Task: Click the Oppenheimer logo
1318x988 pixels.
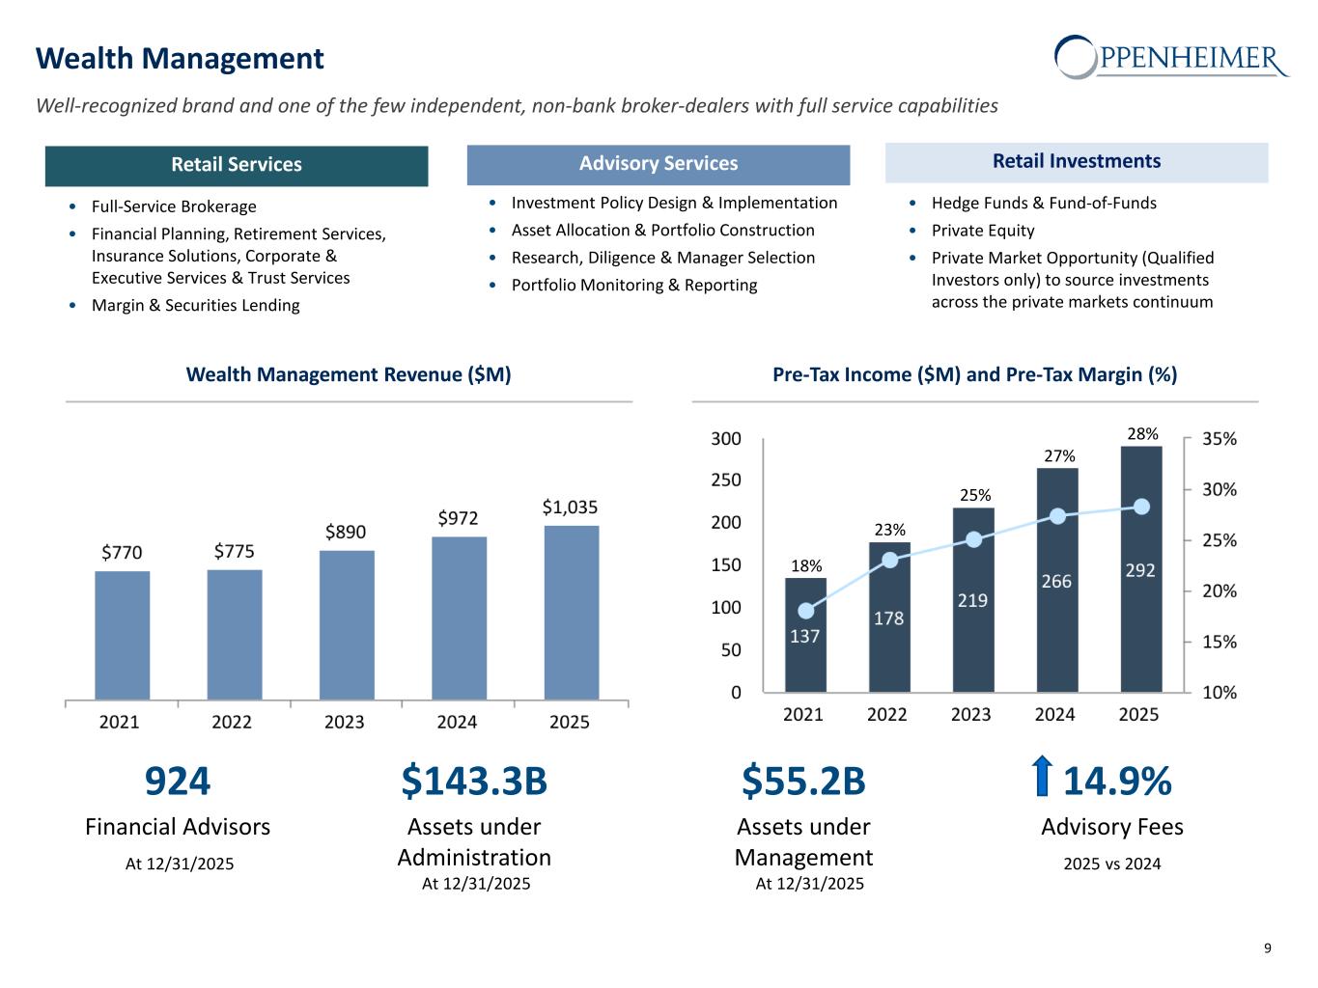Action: pos(1171,58)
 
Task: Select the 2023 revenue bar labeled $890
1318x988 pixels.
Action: pos(347,624)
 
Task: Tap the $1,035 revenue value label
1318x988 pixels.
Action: pos(570,507)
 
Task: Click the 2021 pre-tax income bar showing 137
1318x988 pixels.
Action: pos(805,634)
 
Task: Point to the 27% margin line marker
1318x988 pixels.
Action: pos(1057,516)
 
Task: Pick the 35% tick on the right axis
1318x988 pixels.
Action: pos(1220,439)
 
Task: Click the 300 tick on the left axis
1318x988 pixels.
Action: pos(726,439)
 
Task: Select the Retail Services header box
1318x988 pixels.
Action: pos(237,165)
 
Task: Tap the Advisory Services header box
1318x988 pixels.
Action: pos(659,164)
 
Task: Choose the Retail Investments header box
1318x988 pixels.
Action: pos(1077,162)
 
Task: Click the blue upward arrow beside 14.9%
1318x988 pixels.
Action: pos(1041,778)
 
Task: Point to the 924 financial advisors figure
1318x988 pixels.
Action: pos(178,782)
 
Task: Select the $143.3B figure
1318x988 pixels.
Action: pos(474,782)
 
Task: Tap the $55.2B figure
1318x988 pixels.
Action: pos(803,782)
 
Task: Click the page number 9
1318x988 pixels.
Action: pos(1268,948)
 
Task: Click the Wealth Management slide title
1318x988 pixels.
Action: pos(180,59)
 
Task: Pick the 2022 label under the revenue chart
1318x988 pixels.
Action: pos(232,722)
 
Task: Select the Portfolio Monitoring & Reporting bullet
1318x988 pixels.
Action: pos(634,285)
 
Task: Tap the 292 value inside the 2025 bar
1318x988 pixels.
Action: pos(1140,570)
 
